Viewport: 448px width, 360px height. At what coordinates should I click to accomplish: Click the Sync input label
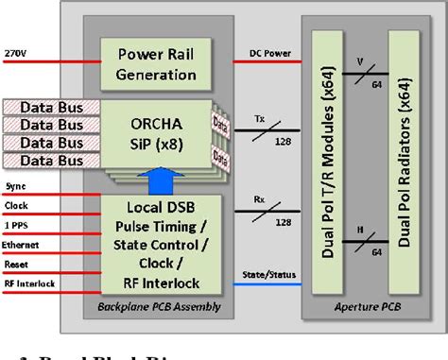coord(16,189)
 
